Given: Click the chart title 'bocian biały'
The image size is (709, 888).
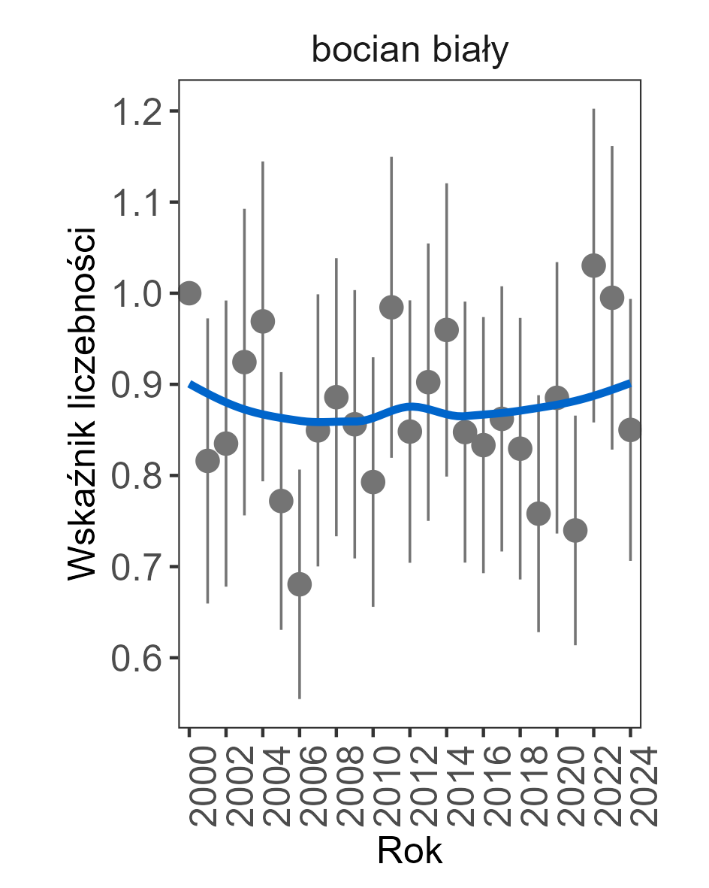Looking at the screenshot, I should coord(409,51).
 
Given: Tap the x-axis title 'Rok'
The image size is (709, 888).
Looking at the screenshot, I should coord(409,851).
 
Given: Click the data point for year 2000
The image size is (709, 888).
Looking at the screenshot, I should coord(189,292).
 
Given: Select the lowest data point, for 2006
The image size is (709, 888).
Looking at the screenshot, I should coord(300,584).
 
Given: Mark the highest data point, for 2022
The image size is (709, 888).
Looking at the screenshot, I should coord(594,265).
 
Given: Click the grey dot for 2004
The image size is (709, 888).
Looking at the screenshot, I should coord(263,322).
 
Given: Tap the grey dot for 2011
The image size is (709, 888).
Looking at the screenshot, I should coord(391,307).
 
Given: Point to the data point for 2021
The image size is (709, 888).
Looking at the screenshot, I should coord(575,531).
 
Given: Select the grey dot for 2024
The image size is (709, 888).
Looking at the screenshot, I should coord(630,430).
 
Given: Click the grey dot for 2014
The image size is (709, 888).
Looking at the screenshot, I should coord(447,330).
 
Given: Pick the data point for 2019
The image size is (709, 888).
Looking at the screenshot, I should coord(539,514).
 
